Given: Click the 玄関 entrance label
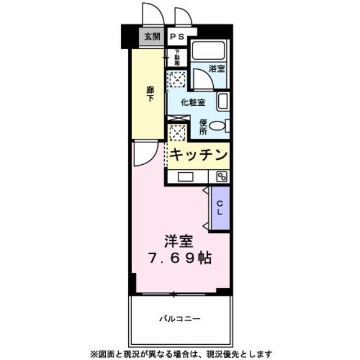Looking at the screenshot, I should pos(152,37).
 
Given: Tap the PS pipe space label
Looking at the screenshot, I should pos(178,37).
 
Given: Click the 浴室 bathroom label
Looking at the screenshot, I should pos(217,69).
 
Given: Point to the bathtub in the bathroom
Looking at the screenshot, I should pos(209,52).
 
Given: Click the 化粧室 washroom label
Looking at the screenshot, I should pos(193,102).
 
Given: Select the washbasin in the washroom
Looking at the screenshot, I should pos(223,102).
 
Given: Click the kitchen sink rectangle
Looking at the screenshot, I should pos(186,177).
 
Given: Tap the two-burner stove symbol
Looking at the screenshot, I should pos(221,177).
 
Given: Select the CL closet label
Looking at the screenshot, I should pos(220,208).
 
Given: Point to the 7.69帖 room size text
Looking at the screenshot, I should pos(180,259).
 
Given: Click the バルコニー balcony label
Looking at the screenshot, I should pos(179,319).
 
